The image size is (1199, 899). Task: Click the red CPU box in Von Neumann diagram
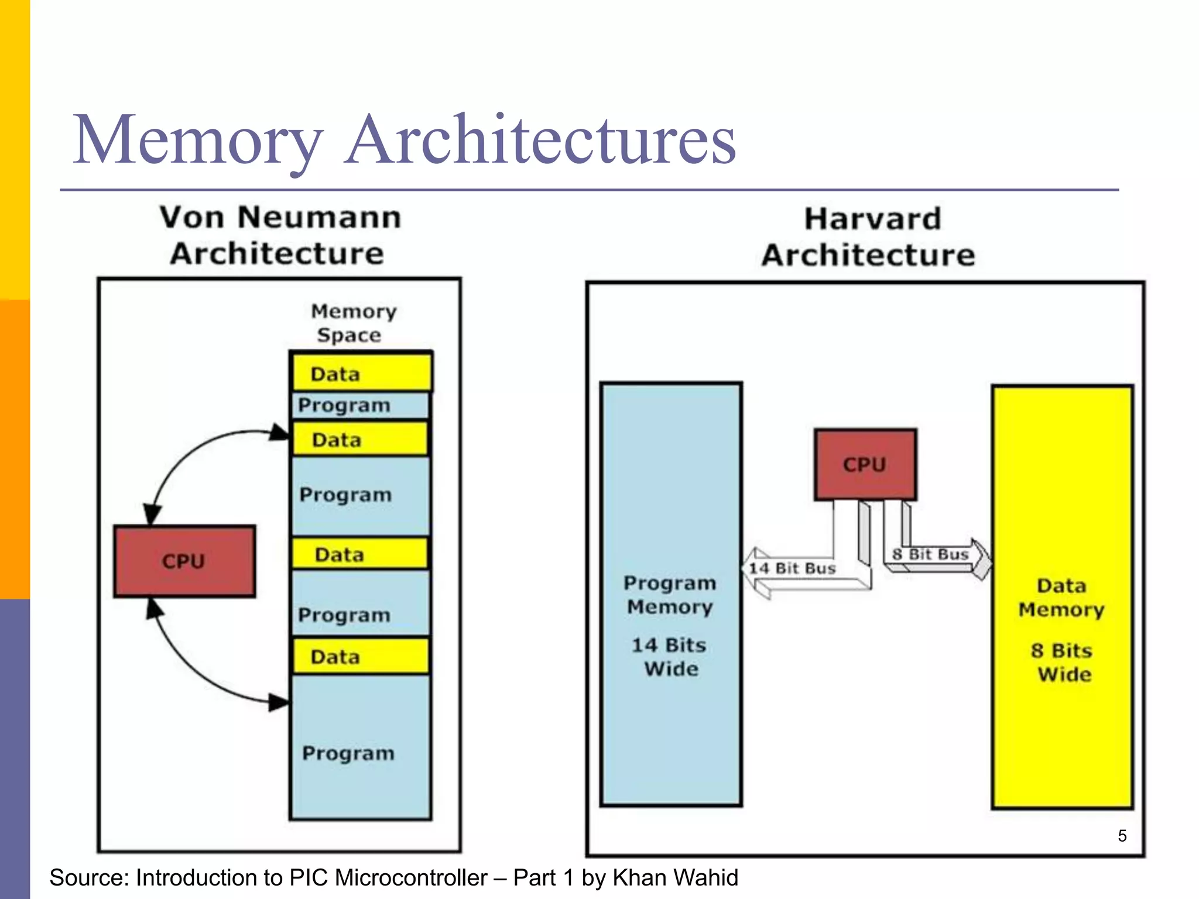pyautogui.click(x=184, y=561)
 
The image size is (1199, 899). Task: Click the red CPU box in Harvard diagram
pyautogui.click(x=865, y=464)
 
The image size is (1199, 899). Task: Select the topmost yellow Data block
pyautogui.click(x=361, y=373)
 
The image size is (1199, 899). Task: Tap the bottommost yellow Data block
pyautogui.click(x=361, y=656)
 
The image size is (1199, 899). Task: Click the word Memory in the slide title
pyautogui.click(x=197, y=140)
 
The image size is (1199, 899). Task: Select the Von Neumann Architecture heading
pyautogui.click(x=279, y=235)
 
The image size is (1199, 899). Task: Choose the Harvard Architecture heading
pyautogui.click(x=870, y=237)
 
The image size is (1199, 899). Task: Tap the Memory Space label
pyautogui.click(x=352, y=323)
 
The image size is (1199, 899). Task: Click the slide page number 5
pyautogui.click(x=1122, y=836)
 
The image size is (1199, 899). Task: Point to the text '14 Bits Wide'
pyautogui.click(x=670, y=657)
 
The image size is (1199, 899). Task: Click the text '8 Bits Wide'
pyautogui.click(x=1063, y=663)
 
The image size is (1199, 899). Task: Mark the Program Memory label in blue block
pyautogui.click(x=670, y=595)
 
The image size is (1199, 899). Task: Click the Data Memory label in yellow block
pyautogui.click(x=1061, y=598)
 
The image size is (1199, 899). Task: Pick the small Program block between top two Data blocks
pyautogui.click(x=360, y=405)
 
